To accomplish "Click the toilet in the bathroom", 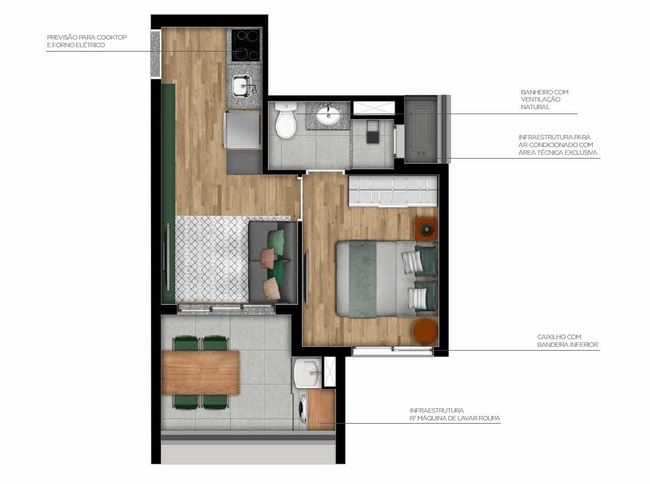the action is pyautogui.click(x=285, y=120).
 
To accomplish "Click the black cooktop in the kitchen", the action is pyautogui.click(x=245, y=45).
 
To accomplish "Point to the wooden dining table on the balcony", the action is pyautogui.click(x=200, y=372).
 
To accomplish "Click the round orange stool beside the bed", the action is pyautogui.click(x=425, y=331).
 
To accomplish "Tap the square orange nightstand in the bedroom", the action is pyautogui.click(x=425, y=229).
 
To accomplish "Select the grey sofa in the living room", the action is pyautogui.click(x=273, y=262).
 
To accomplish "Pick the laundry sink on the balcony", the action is pyautogui.click(x=307, y=373).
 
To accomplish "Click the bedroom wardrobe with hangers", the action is pyautogui.click(x=393, y=190).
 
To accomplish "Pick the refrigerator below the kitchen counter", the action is pyautogui.click(x=242, y=130).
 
